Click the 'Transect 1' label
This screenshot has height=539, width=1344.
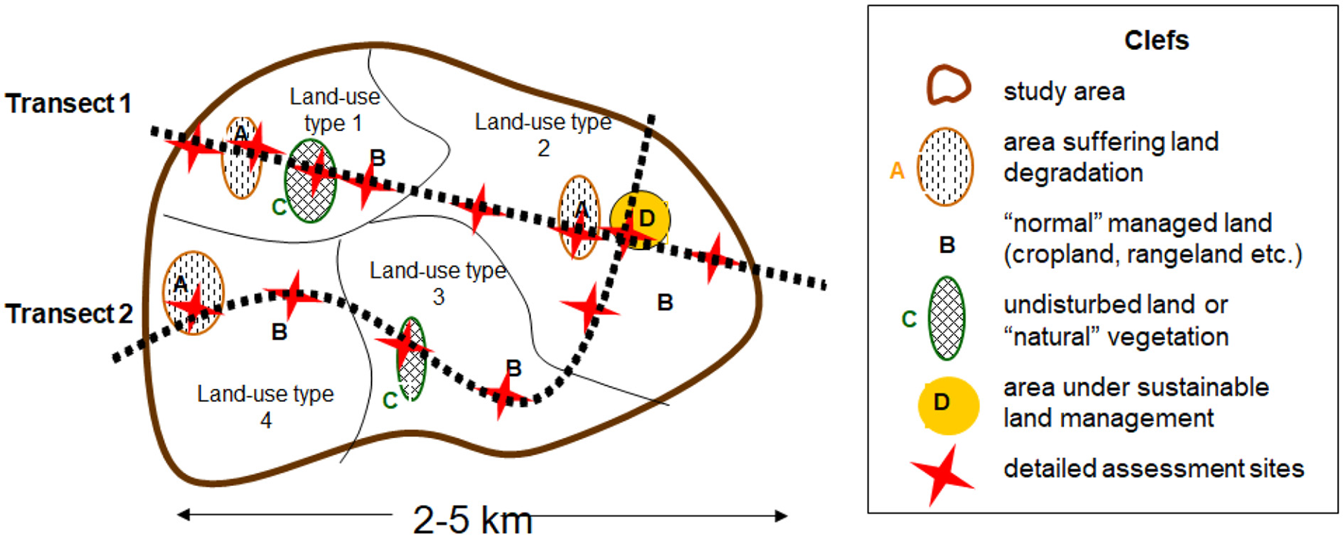pos(68,103)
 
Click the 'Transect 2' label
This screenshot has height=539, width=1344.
pos(69,313)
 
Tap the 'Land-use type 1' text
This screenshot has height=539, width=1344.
pos(334,109)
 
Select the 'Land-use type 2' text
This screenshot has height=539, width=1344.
pos(543,134)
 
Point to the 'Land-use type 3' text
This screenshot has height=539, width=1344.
pos(438,283)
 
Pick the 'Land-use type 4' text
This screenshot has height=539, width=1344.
pos(265,406)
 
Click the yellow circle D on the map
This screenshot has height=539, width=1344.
pos(641,220)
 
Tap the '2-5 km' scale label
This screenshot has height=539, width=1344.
pos(472,520)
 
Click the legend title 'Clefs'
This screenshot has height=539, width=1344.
pos(1156,40)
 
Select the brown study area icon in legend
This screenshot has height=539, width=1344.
pos(947,86)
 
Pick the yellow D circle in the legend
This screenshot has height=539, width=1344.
pos(947,405)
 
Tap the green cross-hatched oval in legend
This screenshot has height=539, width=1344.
pos(947,318)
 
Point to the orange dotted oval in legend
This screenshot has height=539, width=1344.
pos(944,167)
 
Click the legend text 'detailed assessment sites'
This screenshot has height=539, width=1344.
pos(1153,468)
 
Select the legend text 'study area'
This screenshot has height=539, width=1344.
pos(1063,92)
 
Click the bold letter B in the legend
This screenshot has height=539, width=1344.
pos(947,245)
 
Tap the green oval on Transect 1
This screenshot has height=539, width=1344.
pos(310,182)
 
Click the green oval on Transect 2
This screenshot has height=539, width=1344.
pos(411,359)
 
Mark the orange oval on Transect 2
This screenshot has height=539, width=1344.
pos(193,293)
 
